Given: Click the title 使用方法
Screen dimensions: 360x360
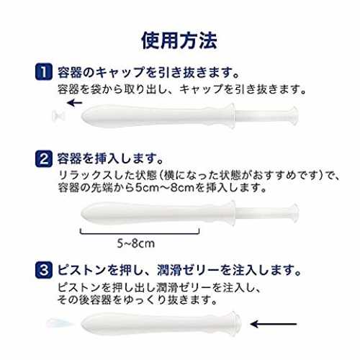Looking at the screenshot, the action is pos(179,40).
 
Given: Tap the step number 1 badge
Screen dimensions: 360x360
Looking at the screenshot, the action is pos(44,72).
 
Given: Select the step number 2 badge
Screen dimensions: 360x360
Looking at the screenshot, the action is pos(44,158).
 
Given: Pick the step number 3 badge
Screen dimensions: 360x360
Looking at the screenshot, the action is pos(44,270).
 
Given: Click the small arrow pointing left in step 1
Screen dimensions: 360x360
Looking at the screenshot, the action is pos(74,103).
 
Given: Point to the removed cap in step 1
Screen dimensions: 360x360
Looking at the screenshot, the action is pos(59,116).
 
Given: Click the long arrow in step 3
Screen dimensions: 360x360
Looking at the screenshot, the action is pos(274,324).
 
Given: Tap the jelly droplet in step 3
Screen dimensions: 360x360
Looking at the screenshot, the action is pos(60,323).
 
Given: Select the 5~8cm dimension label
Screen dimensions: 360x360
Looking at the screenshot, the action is pos(136,243).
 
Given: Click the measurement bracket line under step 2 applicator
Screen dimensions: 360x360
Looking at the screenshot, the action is pos(140,233).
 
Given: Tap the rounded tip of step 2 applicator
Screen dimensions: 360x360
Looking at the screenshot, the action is pos(84,213).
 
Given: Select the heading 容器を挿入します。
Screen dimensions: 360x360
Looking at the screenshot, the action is pos(111,158).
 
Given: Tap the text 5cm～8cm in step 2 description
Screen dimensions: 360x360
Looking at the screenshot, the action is pos(165,188).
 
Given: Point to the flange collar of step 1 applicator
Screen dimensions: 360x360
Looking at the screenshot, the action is pos(232,116).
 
